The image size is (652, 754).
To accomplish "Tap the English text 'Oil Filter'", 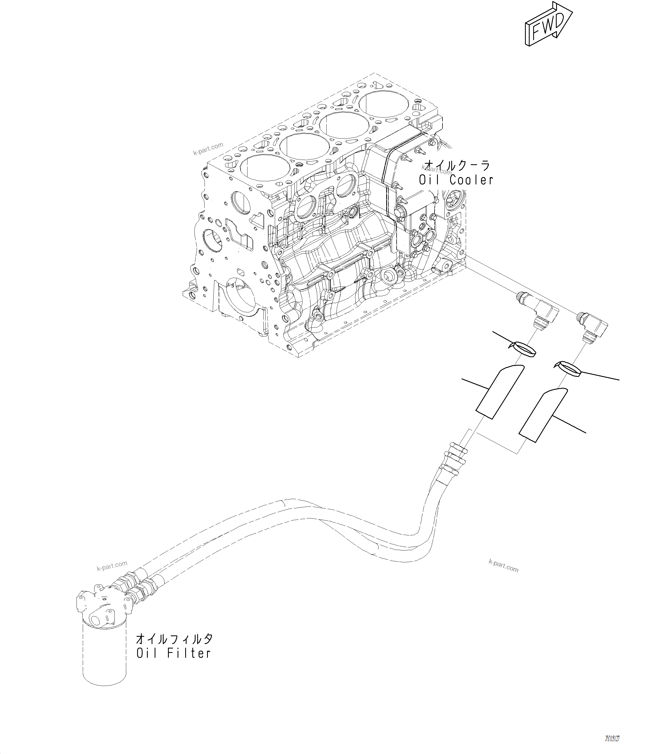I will pos(173,653).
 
